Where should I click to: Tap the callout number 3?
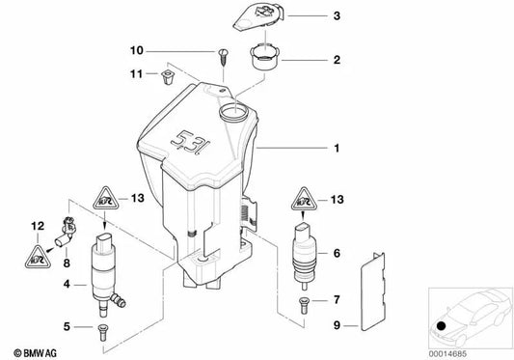coord(337,17)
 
